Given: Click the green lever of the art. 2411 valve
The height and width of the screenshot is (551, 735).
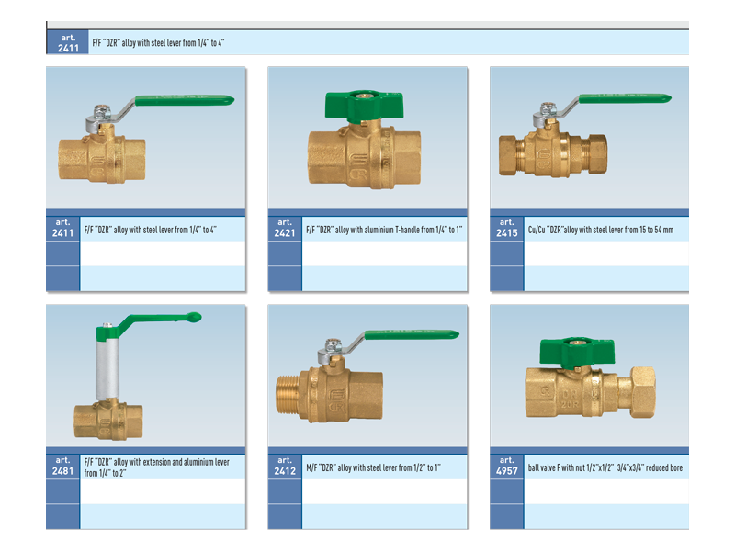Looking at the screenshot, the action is coord(185,100).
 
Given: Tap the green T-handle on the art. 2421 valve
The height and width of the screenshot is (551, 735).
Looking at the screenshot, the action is coord(364,106).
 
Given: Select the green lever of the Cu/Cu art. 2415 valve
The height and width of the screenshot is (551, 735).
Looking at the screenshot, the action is coord(625,98).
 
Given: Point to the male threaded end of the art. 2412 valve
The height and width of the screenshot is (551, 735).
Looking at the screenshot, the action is coord(288,394).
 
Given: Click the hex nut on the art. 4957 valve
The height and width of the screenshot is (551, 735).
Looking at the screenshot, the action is coord(641,392).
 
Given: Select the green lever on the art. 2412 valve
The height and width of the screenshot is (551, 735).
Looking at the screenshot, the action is coord(412,334).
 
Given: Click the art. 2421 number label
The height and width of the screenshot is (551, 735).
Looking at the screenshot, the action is coord(285,228).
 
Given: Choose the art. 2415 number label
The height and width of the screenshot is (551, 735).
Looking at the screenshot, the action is coord(507,228).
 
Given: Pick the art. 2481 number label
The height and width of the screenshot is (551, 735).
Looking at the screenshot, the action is coord(62,467).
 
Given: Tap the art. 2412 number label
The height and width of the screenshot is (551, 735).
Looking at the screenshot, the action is coord(285,467).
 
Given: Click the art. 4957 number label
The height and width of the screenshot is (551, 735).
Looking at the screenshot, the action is coord(507,467).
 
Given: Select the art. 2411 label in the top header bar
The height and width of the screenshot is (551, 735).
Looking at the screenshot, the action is coord(68,43).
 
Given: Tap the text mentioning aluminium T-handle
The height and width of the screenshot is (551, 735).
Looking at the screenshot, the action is coord(384,230).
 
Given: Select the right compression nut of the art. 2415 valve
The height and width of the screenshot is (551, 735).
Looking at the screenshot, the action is coord(597,154).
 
